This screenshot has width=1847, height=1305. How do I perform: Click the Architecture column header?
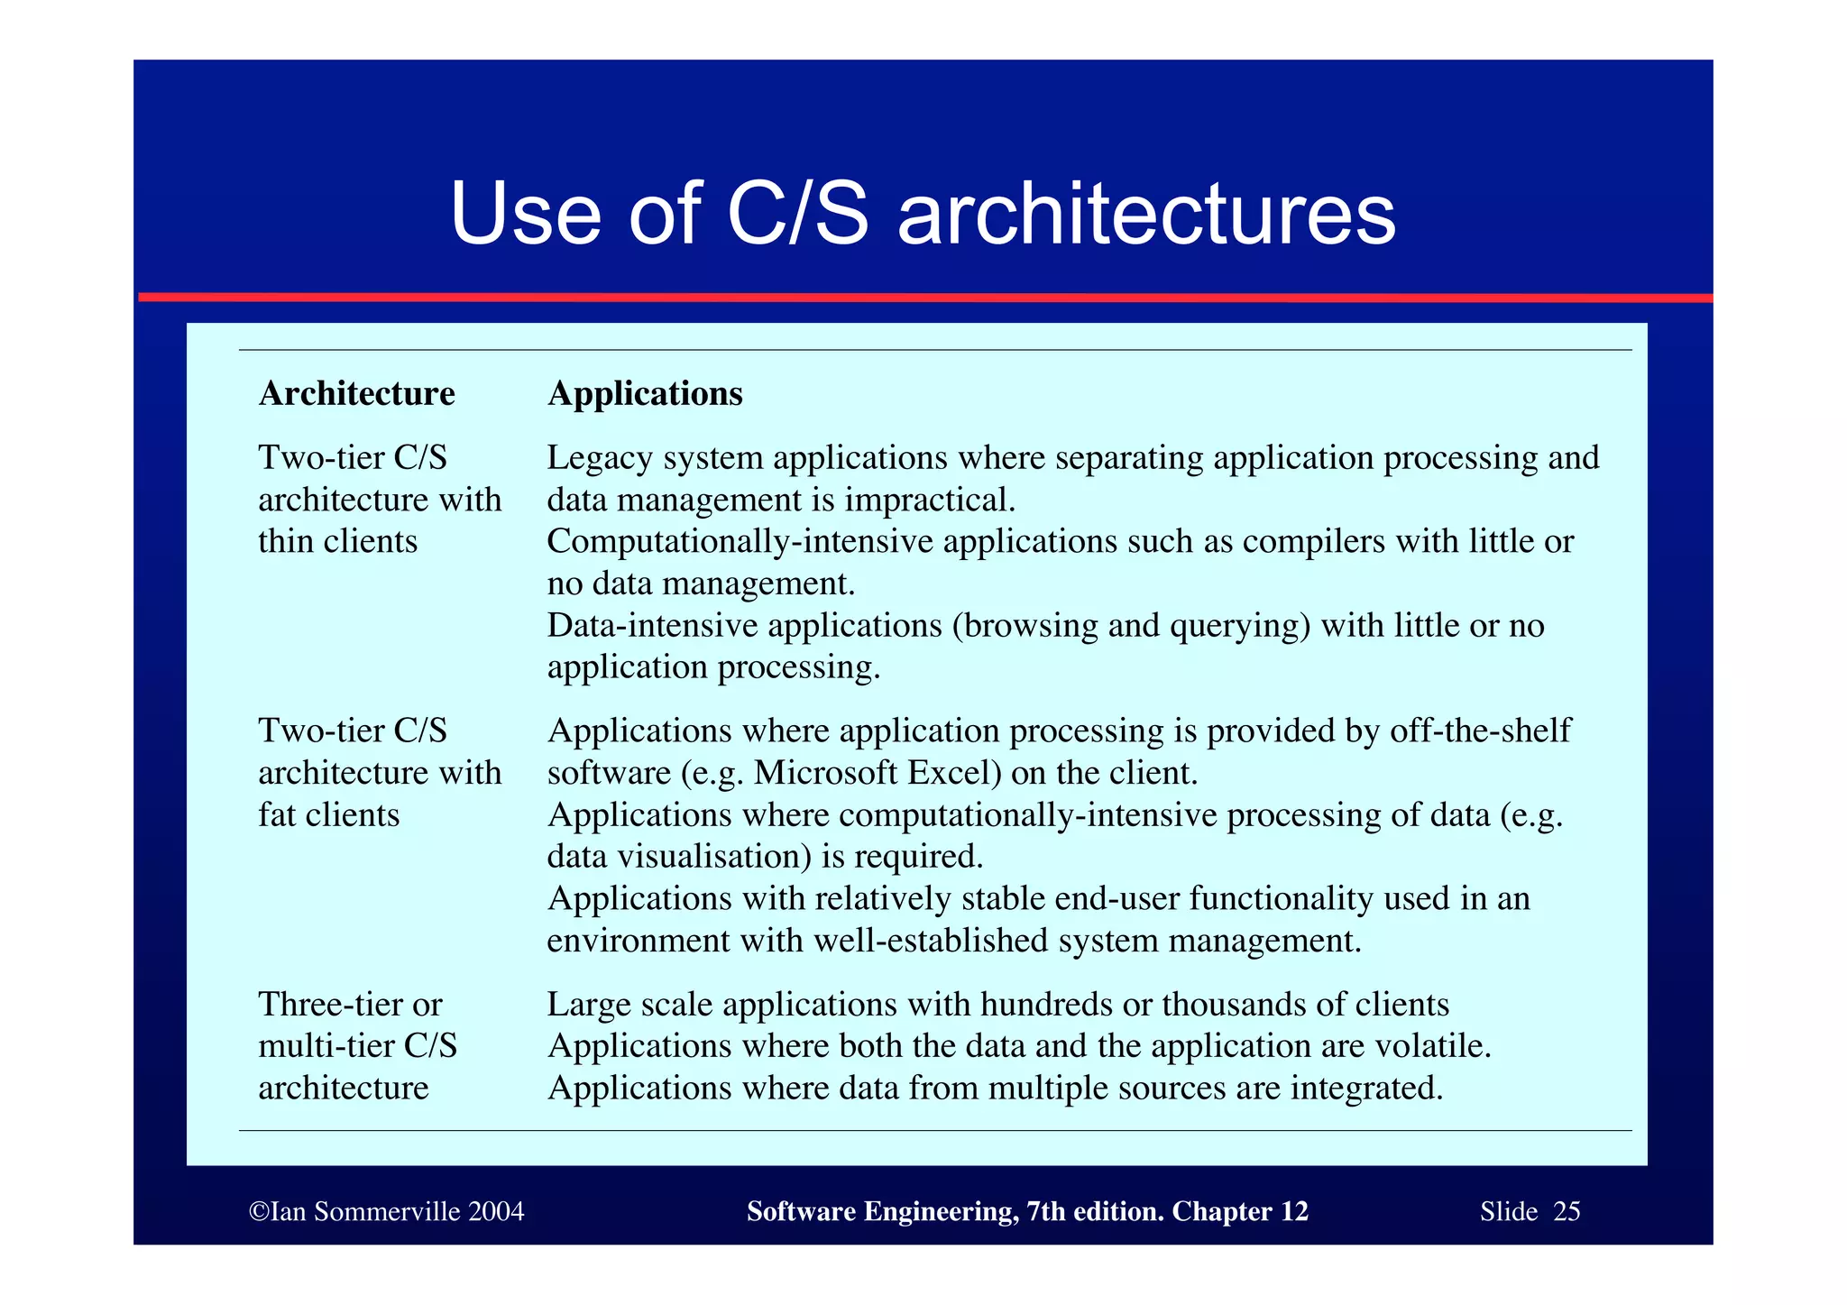click(356, 393)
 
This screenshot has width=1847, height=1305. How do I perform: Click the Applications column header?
click(645, 393)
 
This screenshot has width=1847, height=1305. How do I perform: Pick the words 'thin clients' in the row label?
click(337, 541)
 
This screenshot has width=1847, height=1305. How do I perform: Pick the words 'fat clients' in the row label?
click(328, 814)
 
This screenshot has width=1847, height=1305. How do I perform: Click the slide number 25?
click(1566, 1211)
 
